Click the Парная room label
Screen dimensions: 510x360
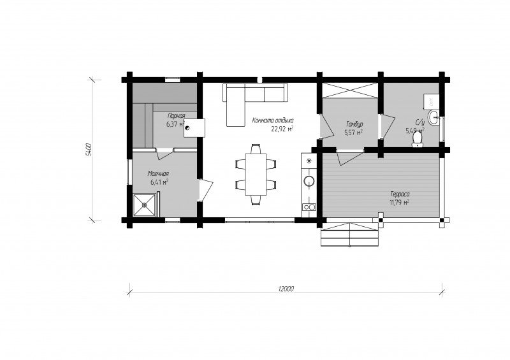(x=177, y=115)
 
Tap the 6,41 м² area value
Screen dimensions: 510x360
(x=159, y=182)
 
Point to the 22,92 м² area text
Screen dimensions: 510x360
(x=282, y=129)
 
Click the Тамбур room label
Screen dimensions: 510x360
(x=354, y=124)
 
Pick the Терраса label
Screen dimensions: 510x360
(x=400, y=194)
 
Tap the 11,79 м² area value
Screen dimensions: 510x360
(x=399, y=203)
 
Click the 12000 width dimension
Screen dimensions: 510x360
(x=286, y=289)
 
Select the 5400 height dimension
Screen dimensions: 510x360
(x=89, y=150)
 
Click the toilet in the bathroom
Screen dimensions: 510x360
(x=417, y=141)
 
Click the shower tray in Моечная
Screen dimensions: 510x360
(x=144, y=205)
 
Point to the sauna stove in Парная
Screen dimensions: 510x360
(x=194, y=128)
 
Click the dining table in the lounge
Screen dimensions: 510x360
(x=256, y=175)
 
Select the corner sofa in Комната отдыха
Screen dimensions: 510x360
(x=255, y=97)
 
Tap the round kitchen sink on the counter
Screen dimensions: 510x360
(x=309, y=181)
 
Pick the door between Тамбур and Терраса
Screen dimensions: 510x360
(x=350, y=157)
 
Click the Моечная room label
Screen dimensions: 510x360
(x=158, y=174)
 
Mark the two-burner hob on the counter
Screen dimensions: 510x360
(x=309, y=206)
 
